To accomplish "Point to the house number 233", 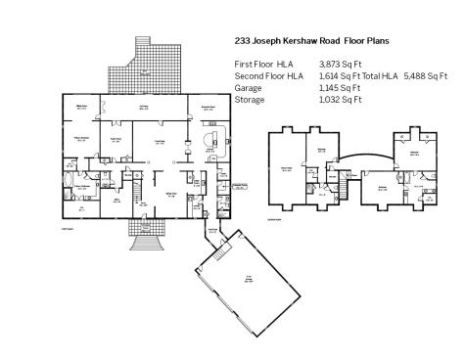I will click(x=245, y=42).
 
